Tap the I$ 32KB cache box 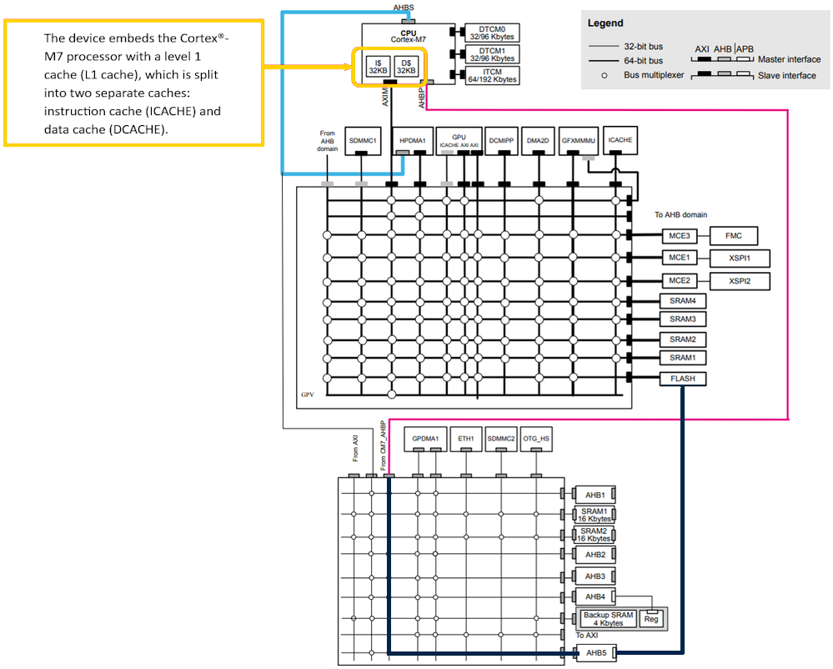(x=379, y=66)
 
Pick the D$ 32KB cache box (x=406, y=66)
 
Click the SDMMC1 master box (x=364, y=141)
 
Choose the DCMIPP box (x=501, y=141)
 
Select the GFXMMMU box (x=577, y=141)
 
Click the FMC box (x=733, y=236)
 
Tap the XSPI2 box (x=739, y=281)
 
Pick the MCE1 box (x=678, y=258)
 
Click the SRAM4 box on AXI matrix (x=683, y=300)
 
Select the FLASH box (x=683, y=379)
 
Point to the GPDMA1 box (x=425, y=438)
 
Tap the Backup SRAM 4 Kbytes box (x=609, y=619)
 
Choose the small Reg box (x=651, y=619)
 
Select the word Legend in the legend (x=606, y=23)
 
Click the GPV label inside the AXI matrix (x=308, y=394)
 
